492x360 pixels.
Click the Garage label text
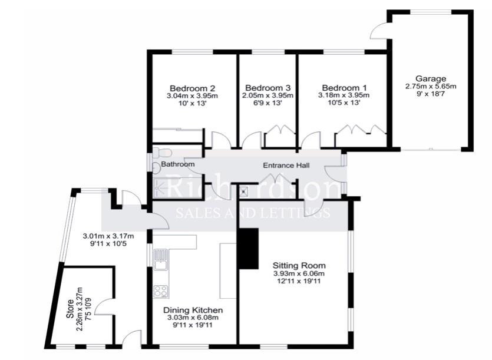pos(431,78)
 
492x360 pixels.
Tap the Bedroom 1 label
pos(344,87)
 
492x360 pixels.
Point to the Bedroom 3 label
pos(268,87)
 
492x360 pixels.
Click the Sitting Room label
pos(299,265)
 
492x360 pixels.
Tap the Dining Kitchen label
pos(193,309)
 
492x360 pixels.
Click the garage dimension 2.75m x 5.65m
pos(431,87)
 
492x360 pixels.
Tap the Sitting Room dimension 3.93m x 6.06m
pos(299,273)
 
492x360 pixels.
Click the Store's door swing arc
pos(101,306)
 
